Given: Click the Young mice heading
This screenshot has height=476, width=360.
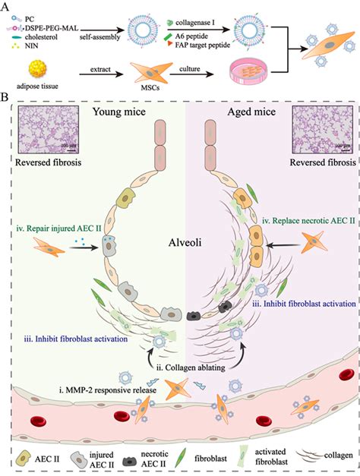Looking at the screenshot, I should coord(123,112).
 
